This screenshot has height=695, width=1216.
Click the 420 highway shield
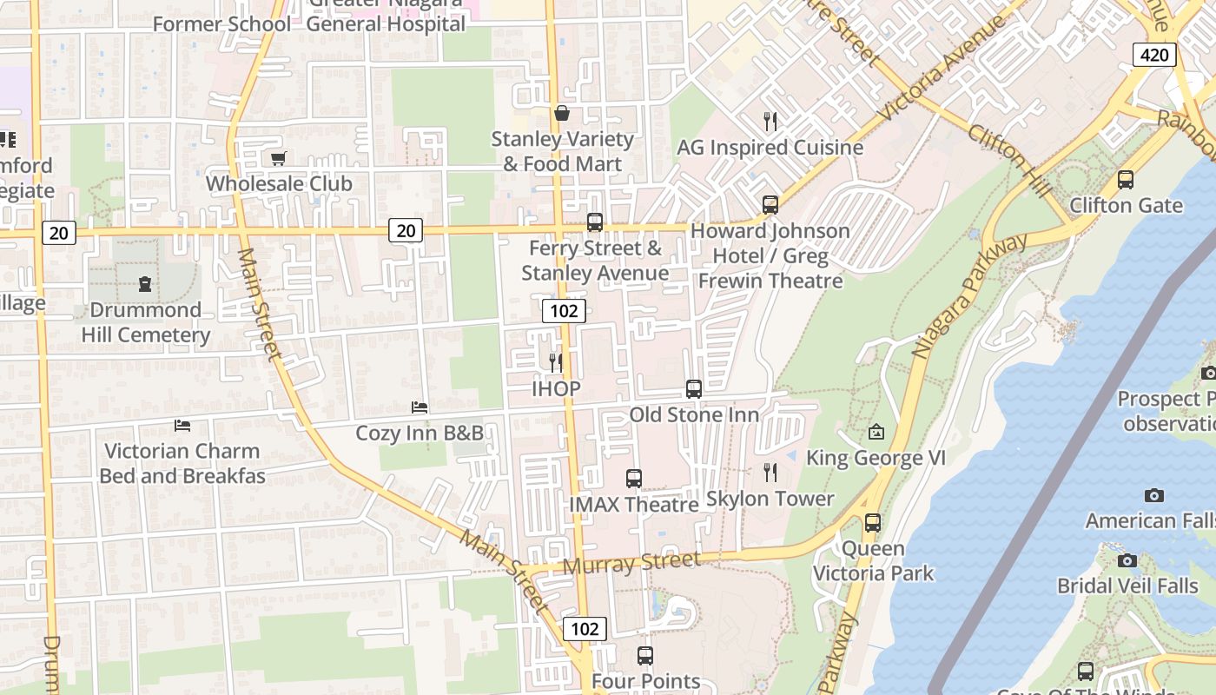[x=1154, y=56]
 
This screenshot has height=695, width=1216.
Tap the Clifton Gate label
[x=1126, y=206]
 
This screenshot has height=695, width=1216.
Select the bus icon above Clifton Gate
[x=1126, y=180]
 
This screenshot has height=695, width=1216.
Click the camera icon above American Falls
[x=1153, y=495]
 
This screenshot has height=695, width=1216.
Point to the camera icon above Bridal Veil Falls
[x=1127, y=560]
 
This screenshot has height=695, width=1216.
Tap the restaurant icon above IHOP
[x=556, y=361]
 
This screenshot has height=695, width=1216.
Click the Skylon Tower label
[x=770, y=499]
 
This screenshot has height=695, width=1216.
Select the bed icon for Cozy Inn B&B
[x=420, y=407]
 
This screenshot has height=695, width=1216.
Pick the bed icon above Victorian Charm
[x=182, y=425]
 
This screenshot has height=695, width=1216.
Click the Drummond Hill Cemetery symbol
[x=145, y=283]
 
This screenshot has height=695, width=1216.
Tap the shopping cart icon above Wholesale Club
[x=279, y=158]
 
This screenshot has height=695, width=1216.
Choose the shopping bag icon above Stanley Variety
[x=562, y=113]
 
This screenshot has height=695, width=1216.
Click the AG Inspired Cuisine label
[x=770, y=148]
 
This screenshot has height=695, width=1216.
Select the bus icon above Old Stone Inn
[x=693, y=388]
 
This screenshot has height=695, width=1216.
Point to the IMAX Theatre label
[x=634, y=505]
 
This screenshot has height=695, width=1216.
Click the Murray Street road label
[x=631, y=563]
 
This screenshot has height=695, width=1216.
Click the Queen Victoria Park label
[x=873, y=561]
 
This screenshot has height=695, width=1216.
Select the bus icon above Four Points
[x=644, y=656]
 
